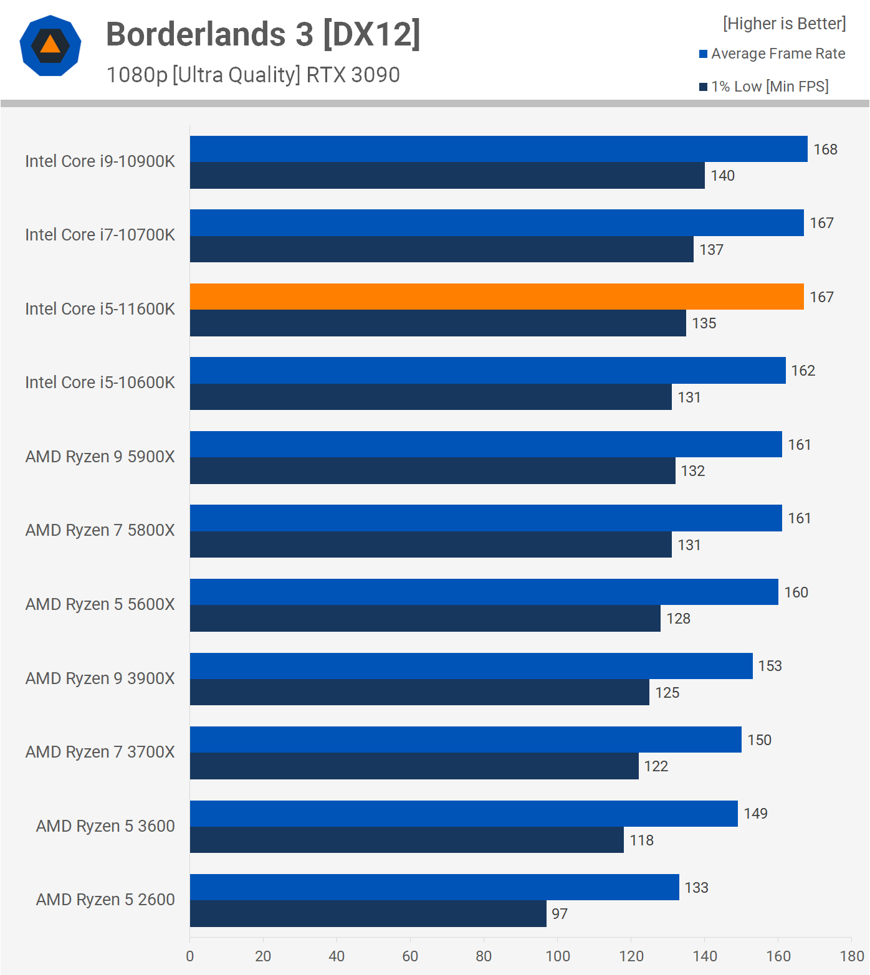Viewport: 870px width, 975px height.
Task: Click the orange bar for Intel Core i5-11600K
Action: pyautogui.click(x=497, y=297)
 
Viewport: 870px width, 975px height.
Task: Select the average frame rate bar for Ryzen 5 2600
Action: pyautogui.click(x=434, y=887)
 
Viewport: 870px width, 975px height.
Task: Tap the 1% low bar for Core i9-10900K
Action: pyautogui.click(x=447, y=176)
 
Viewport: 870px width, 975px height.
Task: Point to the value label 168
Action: pyautogui.click(x=825, y=150)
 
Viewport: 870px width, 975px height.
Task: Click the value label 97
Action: pyautogui.click(x=560, y=914)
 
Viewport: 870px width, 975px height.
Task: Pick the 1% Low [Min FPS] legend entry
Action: pyautogui.click(x=764, y=87)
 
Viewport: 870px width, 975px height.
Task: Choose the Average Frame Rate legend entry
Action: pyautogui.click(x=772, y=54)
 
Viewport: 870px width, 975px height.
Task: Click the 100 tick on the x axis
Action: pyautogui.click(x=558, y=956)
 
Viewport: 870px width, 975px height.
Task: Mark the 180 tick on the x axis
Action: pyautogui.click(x=851, y=956)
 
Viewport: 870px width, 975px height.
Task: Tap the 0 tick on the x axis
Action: pyautogui.click(x=190, y=956)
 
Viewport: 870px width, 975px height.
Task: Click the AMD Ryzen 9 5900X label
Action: pyautogui.click(x=100, y=457)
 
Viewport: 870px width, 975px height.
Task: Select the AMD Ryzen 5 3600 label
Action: pyautogui.click(x=105, y=826)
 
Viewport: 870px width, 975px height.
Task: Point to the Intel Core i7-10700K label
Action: pyautogui.click(x=100, y=235)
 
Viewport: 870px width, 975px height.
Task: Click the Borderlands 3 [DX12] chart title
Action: pyautogui.click(x=263, y=34)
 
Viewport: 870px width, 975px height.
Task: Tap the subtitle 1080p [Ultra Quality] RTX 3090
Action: pyautogui.click(x=253, y=75)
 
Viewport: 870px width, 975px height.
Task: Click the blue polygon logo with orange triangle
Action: pyautogui.click(x=50, y=45)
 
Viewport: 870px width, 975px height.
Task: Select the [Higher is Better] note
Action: pyautogui.click(x=784, y=24)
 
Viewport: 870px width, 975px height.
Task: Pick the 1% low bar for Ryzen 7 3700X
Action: pyautogui.click(x=414, y=766)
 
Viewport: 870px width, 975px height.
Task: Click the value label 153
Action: pyautogui.click(x=770, y=666)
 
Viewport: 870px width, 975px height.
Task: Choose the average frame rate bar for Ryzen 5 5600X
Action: pyautogui.click(x=484, y=592)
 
